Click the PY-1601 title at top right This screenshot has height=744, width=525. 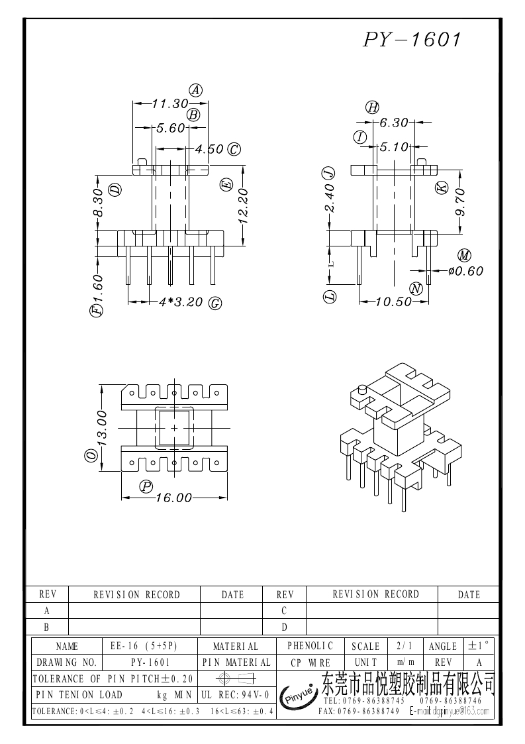411,40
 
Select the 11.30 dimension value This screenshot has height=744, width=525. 170,104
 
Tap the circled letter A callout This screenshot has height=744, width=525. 196,90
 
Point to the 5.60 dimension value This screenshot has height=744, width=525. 170,128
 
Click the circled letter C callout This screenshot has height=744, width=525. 234,149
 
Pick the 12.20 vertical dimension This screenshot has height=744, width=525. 243,203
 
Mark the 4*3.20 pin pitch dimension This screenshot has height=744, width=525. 181,303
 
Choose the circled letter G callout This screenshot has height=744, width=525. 215,303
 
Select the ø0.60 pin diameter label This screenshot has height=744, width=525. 465,270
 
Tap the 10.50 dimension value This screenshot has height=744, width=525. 393,302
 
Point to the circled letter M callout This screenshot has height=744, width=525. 463,256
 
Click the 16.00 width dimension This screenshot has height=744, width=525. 173,498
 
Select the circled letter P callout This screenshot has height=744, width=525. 146,486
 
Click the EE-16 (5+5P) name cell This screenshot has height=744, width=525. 150,646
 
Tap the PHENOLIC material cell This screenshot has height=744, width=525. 310,645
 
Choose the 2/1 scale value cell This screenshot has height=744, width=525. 403,645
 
